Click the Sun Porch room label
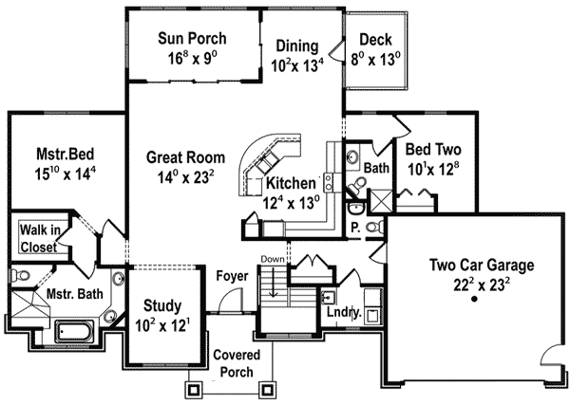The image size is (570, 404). coord(192,38)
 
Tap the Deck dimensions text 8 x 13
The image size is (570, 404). coord(375,59)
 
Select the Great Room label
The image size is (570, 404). coord(185,157)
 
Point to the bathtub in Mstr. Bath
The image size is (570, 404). coord(74,331)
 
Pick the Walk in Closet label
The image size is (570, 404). coord(39,238)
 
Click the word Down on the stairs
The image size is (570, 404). coord(273,259)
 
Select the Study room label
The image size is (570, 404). coord(162,305)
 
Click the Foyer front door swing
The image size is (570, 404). coord(231,300)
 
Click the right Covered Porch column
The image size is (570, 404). coord(267,389)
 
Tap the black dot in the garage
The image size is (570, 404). coord(474,299)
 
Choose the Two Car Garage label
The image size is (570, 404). coord(482,265)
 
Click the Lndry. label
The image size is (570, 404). coord(344,312)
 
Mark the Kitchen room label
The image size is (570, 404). coord(291,183)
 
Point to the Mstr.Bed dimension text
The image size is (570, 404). coord(65,174)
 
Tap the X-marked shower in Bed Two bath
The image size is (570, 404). coord(381,201)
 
